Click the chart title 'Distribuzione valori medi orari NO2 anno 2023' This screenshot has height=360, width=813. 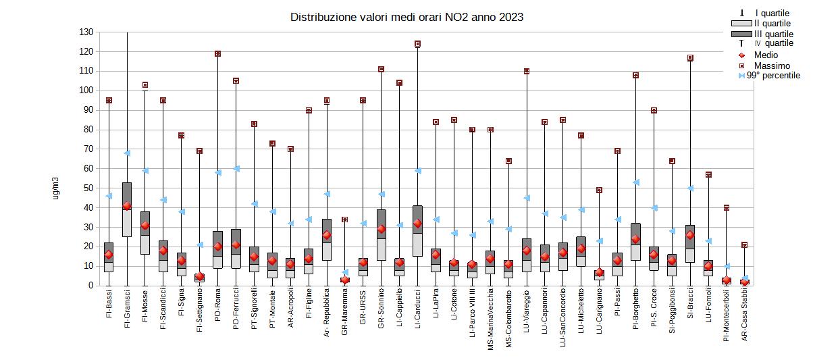coord(406,17)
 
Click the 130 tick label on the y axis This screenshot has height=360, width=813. coord(86,32)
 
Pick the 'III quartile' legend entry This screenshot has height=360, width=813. coord(774,34)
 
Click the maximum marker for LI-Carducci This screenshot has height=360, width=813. coord(417,44)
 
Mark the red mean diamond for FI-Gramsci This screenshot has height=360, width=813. coord(126,206)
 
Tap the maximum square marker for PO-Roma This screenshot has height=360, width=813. coord(217,53)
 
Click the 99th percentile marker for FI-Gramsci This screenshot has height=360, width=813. coord(126,153)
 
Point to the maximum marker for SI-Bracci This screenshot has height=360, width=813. coord(690,57)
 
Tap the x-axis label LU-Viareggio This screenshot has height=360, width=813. coord(527,319)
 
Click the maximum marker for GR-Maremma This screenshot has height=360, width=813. coord(344,220)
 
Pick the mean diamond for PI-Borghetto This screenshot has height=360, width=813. coord(635,239)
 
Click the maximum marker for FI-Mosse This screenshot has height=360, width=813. coord(145,85)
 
